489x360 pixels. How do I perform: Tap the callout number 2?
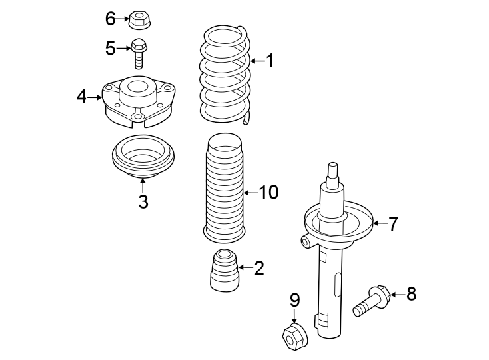coord(258,268)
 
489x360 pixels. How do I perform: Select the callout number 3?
coord(143,201)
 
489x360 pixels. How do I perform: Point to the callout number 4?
coord(81,97)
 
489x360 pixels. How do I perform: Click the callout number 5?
coord(111,48)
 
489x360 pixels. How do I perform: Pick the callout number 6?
coord(111,19)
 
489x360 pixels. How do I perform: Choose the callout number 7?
coord(393,224)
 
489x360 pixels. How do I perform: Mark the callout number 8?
coord(411,293)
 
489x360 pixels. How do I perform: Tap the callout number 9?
coord(294,301)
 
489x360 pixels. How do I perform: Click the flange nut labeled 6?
coord(139,19)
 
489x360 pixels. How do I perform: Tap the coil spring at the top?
coord(225,73)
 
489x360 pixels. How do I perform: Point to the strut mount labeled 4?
coord(137,103)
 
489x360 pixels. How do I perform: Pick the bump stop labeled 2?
coord(225,270)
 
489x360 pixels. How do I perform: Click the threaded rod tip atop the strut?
coord(333,169)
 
